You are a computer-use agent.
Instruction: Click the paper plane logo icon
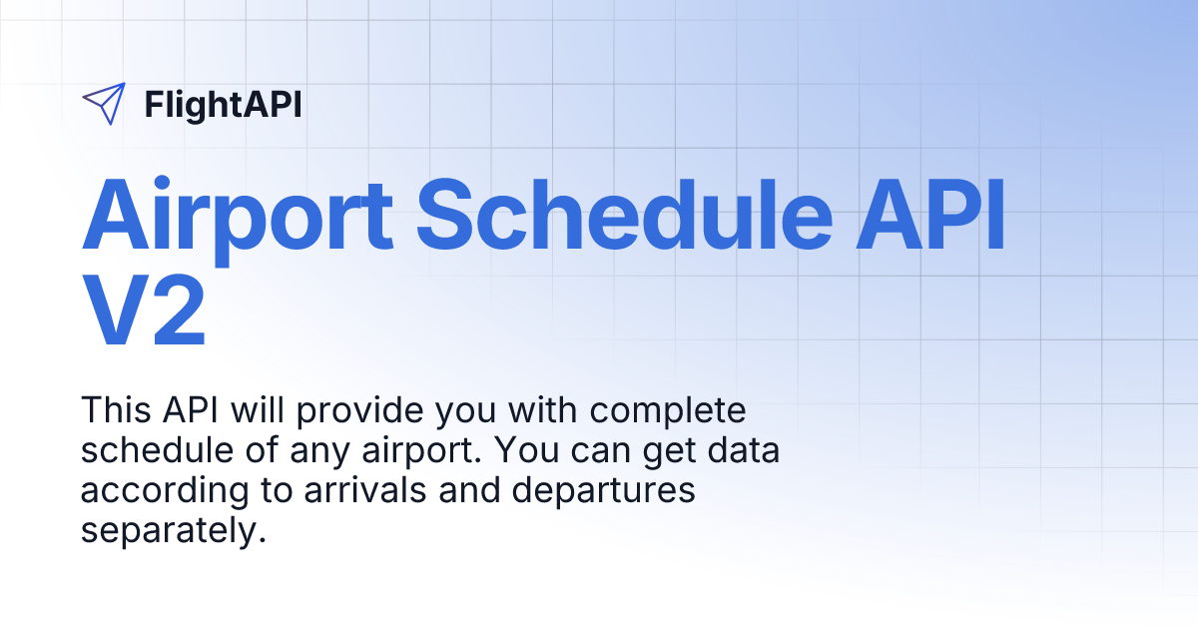(104, 104)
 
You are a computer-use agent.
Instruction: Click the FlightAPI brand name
(223, 104)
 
